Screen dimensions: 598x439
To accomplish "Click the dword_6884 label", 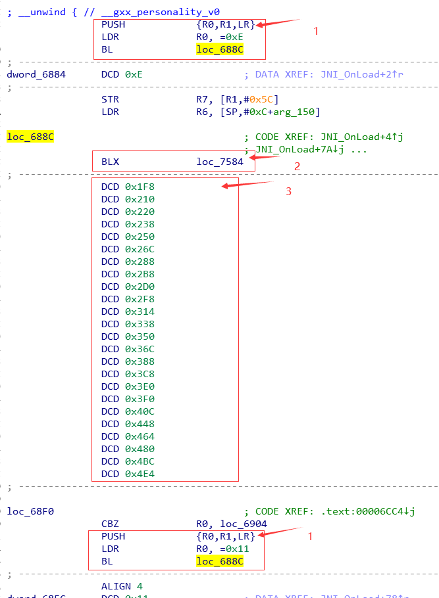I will pos(36,74).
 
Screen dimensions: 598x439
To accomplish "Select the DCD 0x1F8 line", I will pos(128,187).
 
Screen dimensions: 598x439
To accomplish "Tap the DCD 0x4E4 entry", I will pos(128,474).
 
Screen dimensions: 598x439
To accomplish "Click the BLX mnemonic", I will pos(111,162).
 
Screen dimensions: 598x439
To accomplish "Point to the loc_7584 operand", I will pos(219,162).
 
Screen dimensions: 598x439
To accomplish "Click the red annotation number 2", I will pos(297,166).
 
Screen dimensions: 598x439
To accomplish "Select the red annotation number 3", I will pos(288,191).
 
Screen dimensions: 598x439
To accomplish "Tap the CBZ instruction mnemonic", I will pos(111,524).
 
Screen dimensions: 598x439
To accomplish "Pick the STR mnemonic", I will pos(111,99).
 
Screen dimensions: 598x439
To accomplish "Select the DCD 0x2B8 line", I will pos(128,274).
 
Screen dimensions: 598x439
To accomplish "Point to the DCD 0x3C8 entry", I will pos(128,374).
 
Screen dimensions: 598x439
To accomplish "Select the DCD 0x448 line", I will pos(128,424).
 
